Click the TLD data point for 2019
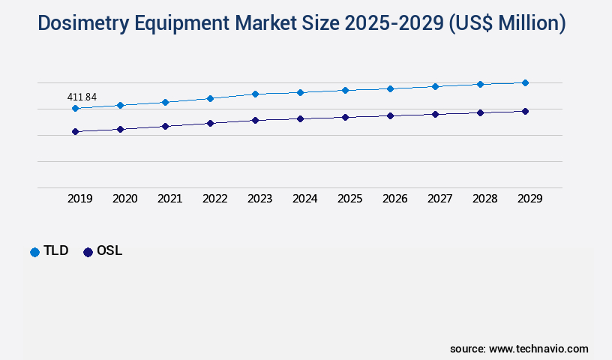pos(75,108)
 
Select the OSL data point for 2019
pos(75,131)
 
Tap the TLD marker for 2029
pos(525,82)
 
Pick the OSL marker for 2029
pos(525,111)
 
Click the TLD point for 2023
pos(255,94)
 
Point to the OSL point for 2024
pos(300,118)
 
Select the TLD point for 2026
pos(390,88)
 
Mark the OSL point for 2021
pos(165,126)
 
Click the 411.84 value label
pos(82,97)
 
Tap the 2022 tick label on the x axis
pos(214,199)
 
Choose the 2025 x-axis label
pos(349,199)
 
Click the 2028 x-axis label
pos(484,199)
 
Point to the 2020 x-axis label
pos(124,199)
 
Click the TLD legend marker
pos(34,252)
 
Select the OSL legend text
pos(109,251)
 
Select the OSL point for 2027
pos(435,114)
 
